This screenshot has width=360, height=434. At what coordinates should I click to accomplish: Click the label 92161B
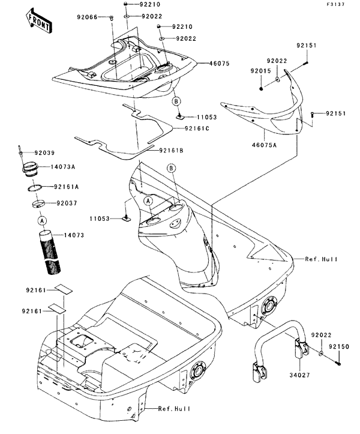[x=173, y=151]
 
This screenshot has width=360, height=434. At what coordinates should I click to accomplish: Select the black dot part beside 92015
[x=262, y=88]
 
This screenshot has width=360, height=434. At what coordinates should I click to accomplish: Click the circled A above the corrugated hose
[x=43, y=220]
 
